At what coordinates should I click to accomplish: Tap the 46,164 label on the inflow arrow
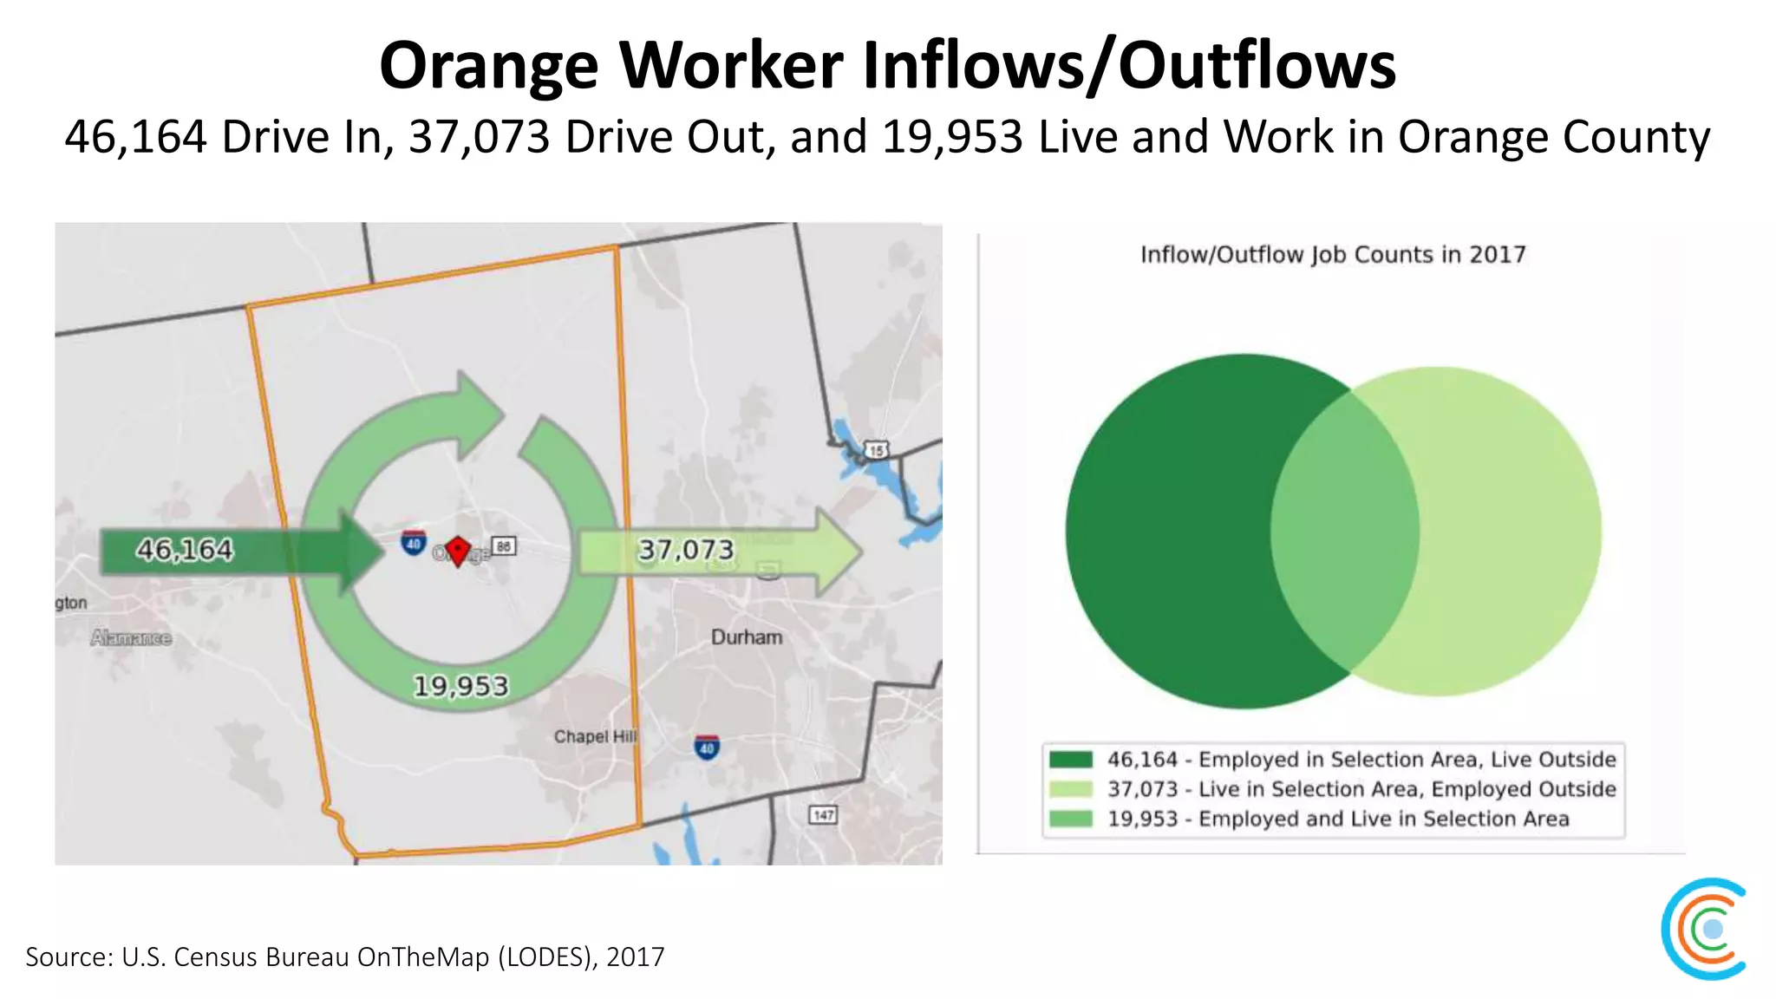185,550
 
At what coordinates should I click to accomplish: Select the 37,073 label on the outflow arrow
686,550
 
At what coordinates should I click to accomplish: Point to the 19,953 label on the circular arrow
460,686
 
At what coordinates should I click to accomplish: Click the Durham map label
747,637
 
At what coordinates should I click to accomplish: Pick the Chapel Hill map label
595,736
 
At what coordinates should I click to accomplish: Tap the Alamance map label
131,638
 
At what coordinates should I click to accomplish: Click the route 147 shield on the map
823,814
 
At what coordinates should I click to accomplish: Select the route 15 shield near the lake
877,450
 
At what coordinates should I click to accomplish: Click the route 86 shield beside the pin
504,546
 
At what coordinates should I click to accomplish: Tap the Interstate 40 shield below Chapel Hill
707,748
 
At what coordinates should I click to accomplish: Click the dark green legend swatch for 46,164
1070,760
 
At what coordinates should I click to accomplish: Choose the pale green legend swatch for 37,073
1070,789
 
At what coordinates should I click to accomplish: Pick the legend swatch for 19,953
1070,819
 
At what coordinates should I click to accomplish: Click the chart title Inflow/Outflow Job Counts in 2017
1332,255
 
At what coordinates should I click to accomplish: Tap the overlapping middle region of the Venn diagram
1345,531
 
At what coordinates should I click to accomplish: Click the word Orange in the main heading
488,66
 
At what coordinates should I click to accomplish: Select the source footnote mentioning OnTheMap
345,957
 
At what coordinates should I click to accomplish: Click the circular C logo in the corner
1705,929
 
